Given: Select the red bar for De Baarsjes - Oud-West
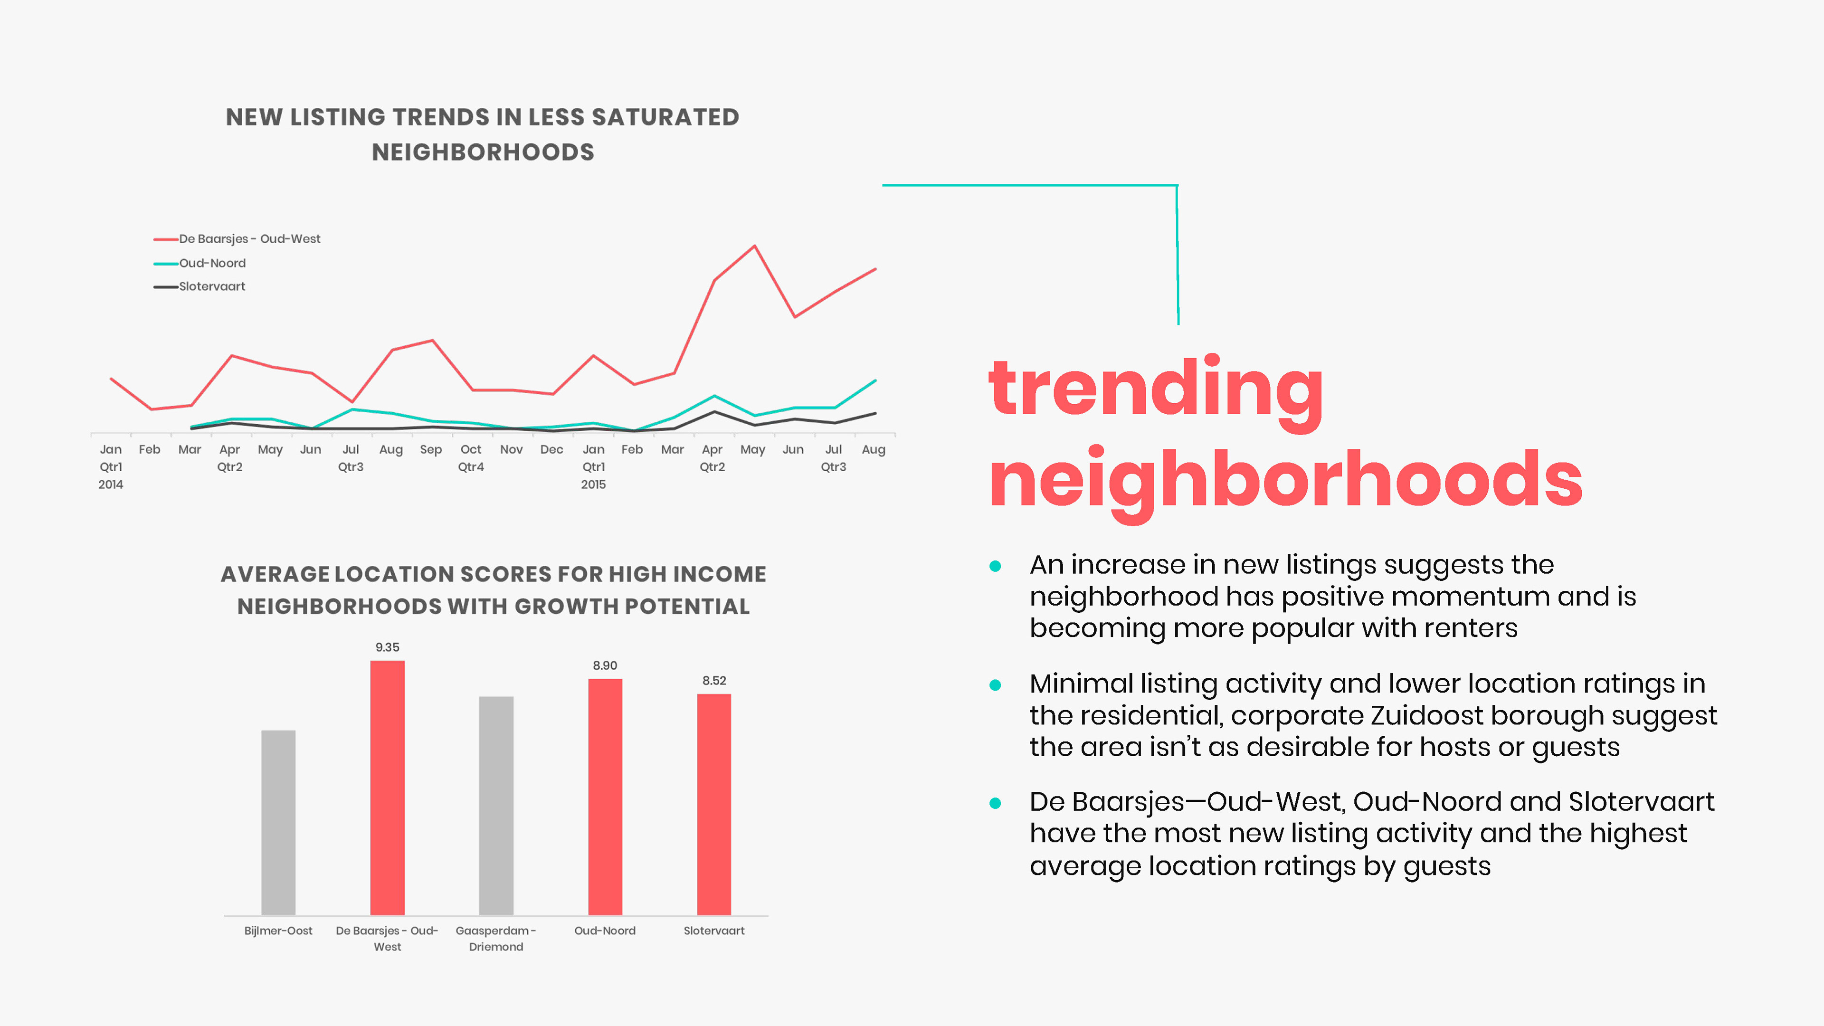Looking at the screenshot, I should click(x=387, y=788).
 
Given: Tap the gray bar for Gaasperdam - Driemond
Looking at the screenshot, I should click(x=495, y=805).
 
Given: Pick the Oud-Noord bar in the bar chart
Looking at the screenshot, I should click(x=605, y=797).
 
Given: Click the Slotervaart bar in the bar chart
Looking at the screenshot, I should click(x=714, y=804).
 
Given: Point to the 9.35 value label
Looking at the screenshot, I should click(x=387, y=647).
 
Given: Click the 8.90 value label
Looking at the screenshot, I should click(x=605, y=665).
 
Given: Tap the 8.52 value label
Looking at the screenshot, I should click(x=714, y=681).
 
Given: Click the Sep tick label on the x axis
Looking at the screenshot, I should click(x=430, y=450).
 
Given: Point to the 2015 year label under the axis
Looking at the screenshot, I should click(x=593, y=485).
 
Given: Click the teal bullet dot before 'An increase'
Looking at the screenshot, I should click(x=995, y=566).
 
